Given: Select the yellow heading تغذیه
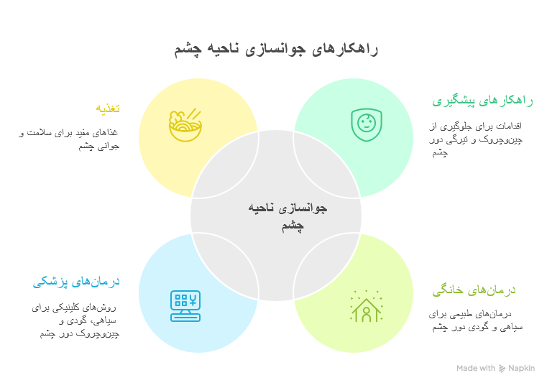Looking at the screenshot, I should (108, 108).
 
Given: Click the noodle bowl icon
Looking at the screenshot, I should (185, 124).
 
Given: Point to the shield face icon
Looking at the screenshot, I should (366, 124).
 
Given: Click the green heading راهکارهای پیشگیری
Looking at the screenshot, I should (482, 101).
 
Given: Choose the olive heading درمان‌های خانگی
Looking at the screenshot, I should (474, 290).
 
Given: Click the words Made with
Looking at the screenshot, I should (476, 369).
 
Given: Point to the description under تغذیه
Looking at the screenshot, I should (69, 139).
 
